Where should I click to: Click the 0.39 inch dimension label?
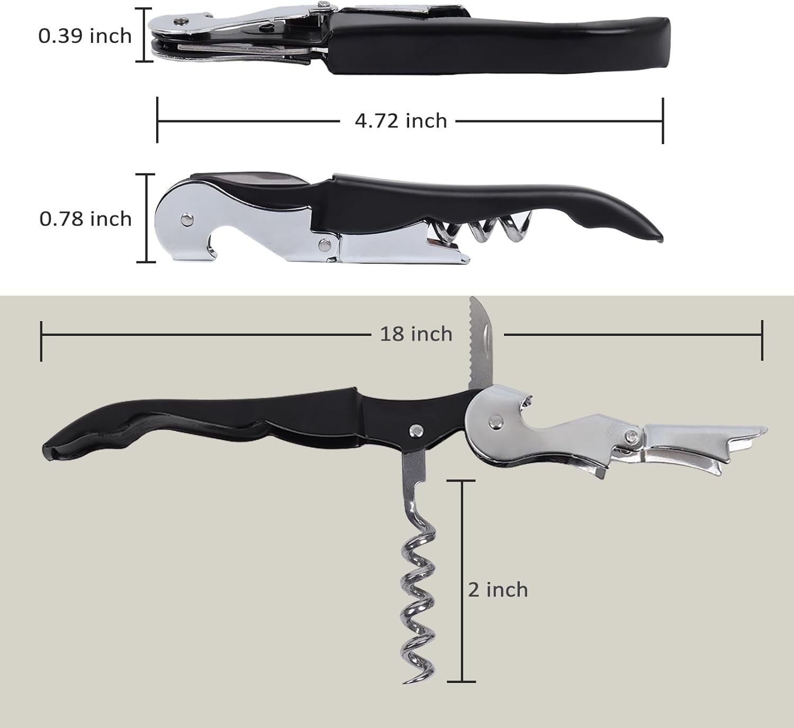85,36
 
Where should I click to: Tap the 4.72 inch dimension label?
401,121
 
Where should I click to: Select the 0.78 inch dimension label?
86,219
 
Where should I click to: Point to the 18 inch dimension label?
416,334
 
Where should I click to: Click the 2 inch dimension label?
498,590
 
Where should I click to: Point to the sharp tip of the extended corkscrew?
404,682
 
